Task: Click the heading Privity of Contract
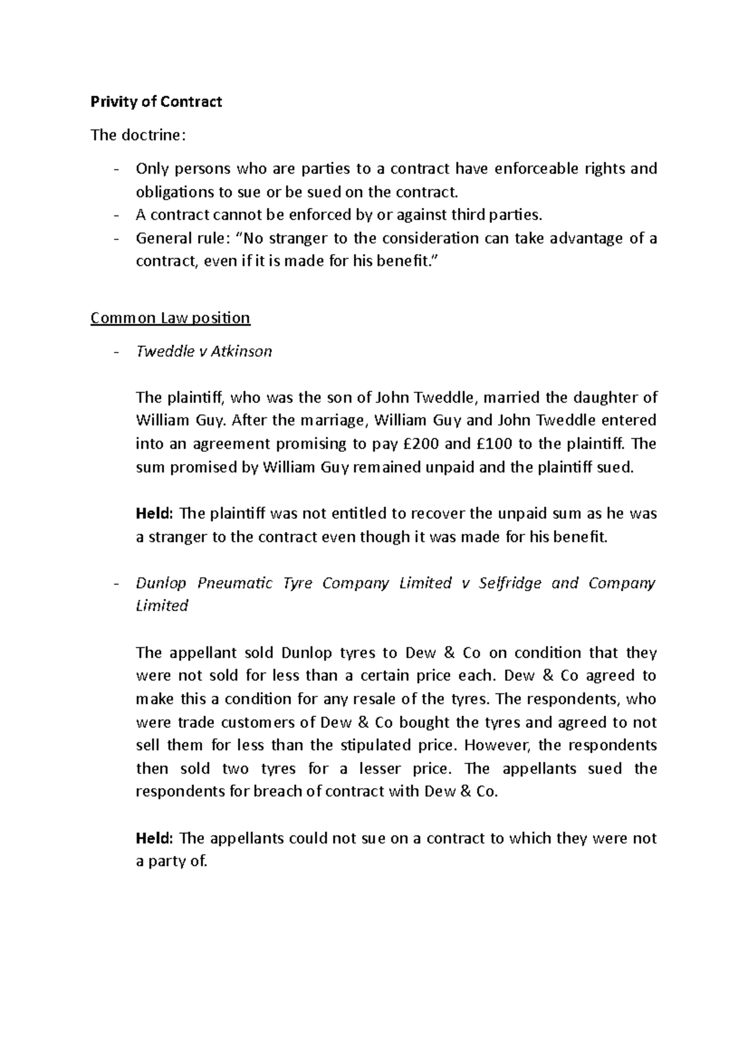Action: point(156,102)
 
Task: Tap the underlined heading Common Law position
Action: point(170,318)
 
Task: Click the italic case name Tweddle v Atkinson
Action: point(204,351)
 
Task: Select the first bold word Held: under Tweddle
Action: point(154,513)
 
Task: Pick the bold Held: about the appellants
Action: point(154,838)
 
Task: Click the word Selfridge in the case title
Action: point(507,583)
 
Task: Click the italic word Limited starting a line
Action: point(162,606)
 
